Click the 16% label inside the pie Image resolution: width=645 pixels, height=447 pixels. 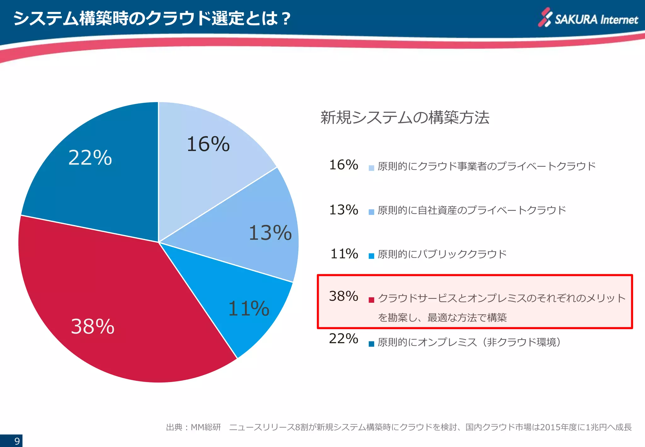pos(208,144)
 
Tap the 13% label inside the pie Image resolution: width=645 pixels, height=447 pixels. pos(270,233)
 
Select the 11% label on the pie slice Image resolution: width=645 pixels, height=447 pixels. pos(248,308)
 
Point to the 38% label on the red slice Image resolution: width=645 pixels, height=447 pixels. pos(92,326)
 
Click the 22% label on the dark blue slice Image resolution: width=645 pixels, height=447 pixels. pos(90,158)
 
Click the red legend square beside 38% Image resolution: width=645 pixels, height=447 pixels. pos(371,300)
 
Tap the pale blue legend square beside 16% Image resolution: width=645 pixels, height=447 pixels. pos(371,168)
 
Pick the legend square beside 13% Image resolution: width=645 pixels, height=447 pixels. pos(371,212)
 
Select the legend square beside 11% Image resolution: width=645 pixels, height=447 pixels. pos(371,256)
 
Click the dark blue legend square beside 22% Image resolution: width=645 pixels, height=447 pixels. pos(371,344)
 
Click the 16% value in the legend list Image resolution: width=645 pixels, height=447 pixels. pos(343,165)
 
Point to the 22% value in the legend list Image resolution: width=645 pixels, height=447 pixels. pos(343,339)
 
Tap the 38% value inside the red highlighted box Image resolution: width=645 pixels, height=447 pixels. pos(343,296)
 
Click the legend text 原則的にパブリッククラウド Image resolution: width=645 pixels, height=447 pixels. pos(442,254)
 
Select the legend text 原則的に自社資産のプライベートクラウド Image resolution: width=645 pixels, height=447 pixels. pos(471,210)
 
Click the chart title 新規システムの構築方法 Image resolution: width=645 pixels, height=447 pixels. pos(405,118)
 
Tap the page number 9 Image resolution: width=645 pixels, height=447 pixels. pos(17,441)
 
